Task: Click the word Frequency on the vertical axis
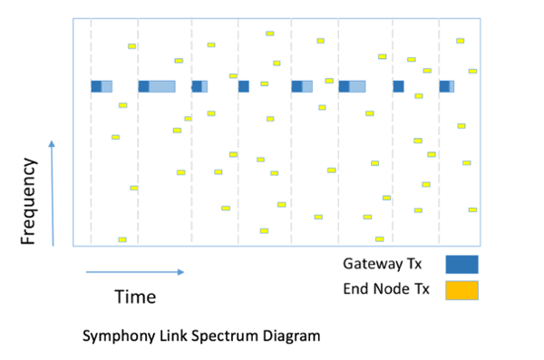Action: (x=28, y=201)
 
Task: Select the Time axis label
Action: (x=135, y=297)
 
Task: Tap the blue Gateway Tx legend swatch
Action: (x=461, y=264)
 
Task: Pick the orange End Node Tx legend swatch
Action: (x=461, y=290)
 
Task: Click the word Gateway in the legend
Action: (x=373, y=264)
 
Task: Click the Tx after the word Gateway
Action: (x=416, y=264)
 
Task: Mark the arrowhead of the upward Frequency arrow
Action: (x=52, y=143)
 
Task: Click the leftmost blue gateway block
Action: (x=96, y=86)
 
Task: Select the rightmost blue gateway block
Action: (x=444, y=86)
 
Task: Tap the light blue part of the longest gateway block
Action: (x=162, y=86)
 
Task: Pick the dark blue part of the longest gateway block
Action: (x=143, y=86)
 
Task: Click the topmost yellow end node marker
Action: (x=269, y=34)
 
